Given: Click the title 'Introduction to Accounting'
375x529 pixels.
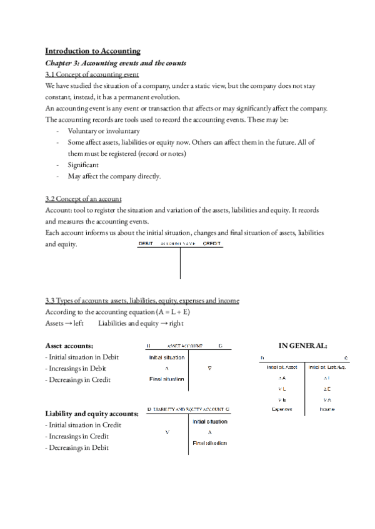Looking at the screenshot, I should [x=93, y=51].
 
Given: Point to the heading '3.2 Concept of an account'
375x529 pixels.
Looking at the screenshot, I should [x=84, y=199].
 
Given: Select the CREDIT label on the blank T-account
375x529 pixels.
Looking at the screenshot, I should [x=212, y=244].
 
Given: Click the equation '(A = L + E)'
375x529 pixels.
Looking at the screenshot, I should [x=162, y=311].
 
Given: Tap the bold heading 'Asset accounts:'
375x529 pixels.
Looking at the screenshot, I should [x=69, y=345].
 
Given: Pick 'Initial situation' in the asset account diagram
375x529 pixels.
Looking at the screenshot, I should [x=166, y=357].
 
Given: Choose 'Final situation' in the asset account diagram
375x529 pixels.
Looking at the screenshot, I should [x=166, y=379].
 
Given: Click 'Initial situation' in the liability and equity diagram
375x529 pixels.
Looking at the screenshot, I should [x=209, y=422].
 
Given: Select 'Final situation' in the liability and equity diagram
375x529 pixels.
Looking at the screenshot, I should [x=209, y=442].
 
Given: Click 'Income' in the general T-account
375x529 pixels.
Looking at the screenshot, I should [x=328, y=409].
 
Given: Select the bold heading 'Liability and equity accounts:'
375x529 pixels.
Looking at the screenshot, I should [x=92, y=414].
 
